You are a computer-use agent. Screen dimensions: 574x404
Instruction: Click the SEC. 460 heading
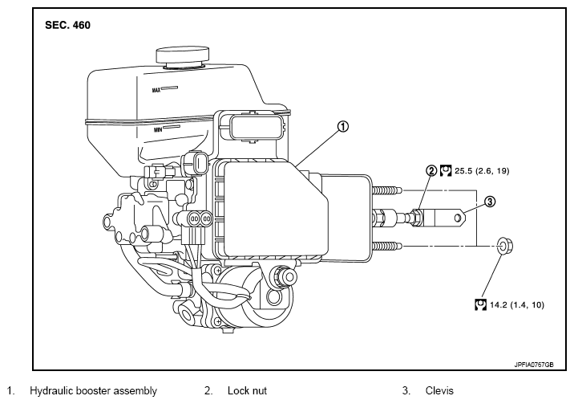pyautogui.click(x=67, y=25)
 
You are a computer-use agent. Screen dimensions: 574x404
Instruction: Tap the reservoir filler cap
pyautogui.click(x=183, y=56)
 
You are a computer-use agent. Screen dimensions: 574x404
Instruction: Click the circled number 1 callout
pyautogui.click(x=342, y=127)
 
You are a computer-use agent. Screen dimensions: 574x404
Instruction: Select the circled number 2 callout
pyautogui.click(x=431, y=171)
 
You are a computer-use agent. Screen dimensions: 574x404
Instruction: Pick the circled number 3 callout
pyautogui.click(x=490, y=202)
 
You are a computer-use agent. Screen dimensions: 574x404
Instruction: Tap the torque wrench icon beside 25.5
pyautogui.click(x=446, y=171)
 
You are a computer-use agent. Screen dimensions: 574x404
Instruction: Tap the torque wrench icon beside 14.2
pyautogui.click(x=481, y=304)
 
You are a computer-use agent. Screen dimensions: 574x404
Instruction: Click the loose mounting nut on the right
pyautogui.click(x=506, y=245)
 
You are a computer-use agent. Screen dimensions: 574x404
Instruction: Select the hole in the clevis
pyautogui.click(x=458, y=218)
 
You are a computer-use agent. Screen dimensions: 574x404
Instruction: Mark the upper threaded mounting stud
pyautogui.click(x=387, y=190)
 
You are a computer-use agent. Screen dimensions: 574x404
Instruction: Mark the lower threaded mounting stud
pyautogui.click(x=387, y=246)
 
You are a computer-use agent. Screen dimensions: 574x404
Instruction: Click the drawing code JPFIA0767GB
pyautogui.click(x=534, y=365)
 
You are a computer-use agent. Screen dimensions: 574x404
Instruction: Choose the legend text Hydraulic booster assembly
pyautogui.click(x=93, y=391)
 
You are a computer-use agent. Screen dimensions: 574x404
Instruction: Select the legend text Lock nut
pyautogui.click(x=247, y=391)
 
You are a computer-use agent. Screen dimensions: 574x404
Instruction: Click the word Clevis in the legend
pyautogui.click(x=439, y=391)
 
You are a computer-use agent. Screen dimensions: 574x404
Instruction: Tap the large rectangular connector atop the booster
pyautogui.click(x=251, y=127)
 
